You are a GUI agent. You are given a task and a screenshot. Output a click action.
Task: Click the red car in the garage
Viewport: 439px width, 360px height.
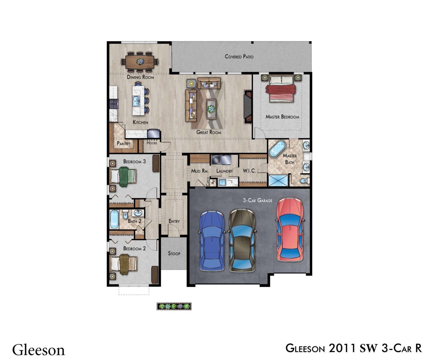pyautogui.click(x=289, y=229)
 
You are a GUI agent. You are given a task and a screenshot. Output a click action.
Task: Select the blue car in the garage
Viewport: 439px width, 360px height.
pyautogui.click(x=212, y=241)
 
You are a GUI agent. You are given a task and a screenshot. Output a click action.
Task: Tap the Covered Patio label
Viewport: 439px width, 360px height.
pyautogui.click(x=239, y=56)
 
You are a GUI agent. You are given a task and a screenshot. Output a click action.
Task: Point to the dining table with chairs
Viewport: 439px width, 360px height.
pyautogui.click(x=140, y=62)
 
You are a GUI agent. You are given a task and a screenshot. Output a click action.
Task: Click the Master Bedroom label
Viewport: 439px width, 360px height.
pyautogui.click(x=282, y=117)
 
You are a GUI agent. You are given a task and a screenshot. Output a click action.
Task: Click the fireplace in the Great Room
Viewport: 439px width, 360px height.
pyautogui.click(x=248, y=107)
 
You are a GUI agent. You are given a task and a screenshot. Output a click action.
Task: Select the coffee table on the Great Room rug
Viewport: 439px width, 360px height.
pyautogui.click(x=211, y=109)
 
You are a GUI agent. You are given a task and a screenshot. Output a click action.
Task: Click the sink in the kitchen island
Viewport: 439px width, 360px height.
pyautogui.click(x=137, y=101)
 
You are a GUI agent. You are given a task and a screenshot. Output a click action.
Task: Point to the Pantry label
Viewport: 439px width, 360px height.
pyautogui.click(x=123, y=144)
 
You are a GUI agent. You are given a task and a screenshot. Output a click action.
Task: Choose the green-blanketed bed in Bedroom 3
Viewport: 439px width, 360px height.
pyautogui.click(x=123, y=177)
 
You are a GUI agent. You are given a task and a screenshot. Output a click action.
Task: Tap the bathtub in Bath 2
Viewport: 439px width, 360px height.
pyautogui.click(x=114, y=219)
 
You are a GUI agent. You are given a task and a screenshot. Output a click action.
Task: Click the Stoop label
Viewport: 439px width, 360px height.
pyautogui.click(x=174, y=253)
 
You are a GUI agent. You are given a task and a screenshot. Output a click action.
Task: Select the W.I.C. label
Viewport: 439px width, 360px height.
pyautogui.click(x=249, y=171)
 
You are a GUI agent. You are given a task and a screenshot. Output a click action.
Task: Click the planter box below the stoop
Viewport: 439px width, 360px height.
pyautogui.click(x=174, y=306)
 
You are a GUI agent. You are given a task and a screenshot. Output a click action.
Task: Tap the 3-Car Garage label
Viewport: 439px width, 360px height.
pyautogui.click(x=258, y=200)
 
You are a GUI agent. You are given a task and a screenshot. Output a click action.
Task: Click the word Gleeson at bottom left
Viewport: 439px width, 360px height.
pyautogui.click(x=38, y=350)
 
